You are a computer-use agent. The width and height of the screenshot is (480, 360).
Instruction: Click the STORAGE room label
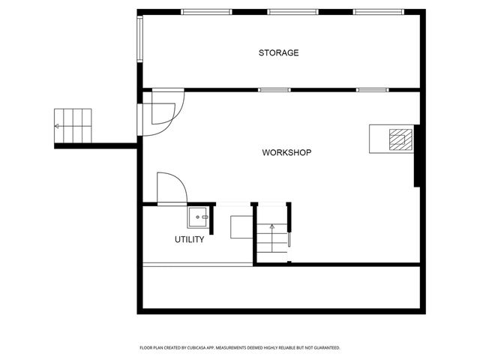[x=279, y=52]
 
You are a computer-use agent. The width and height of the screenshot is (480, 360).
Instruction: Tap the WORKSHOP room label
[x=286, y=152]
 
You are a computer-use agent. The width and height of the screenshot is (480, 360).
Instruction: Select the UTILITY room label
[x=190, y=239]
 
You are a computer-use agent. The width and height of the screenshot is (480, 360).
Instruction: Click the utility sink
[x=198, y=217]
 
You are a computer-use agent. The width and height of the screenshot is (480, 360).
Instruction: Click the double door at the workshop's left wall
[x=163, y=112]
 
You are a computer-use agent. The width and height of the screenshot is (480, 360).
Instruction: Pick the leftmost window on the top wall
[x=207, y=12]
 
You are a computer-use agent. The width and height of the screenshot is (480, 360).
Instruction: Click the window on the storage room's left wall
[x=139, y=39]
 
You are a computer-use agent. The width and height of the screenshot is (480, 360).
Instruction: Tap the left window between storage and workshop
[x=274, y=90]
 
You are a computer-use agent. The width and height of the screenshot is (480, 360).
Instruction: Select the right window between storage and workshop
[x=372, y=90]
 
